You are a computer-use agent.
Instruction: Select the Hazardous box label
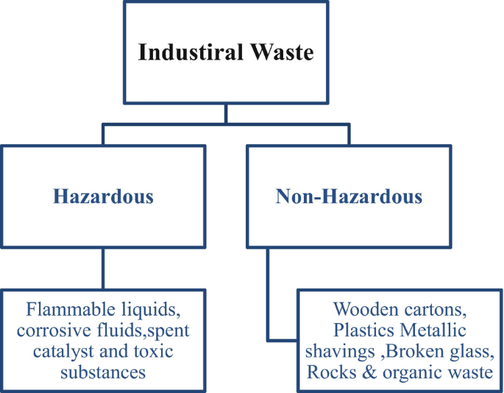pyautogui.click(x=103, y=196)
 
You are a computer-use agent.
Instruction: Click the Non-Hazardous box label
pyautogui.click(x=349, y=196)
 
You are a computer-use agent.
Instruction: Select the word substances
pyautogui.click(x=103, y=372)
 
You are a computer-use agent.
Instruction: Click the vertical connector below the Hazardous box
pyautogui.click(x=103, y=269)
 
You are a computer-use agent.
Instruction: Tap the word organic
pyautogui.click(x=414, y=374)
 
